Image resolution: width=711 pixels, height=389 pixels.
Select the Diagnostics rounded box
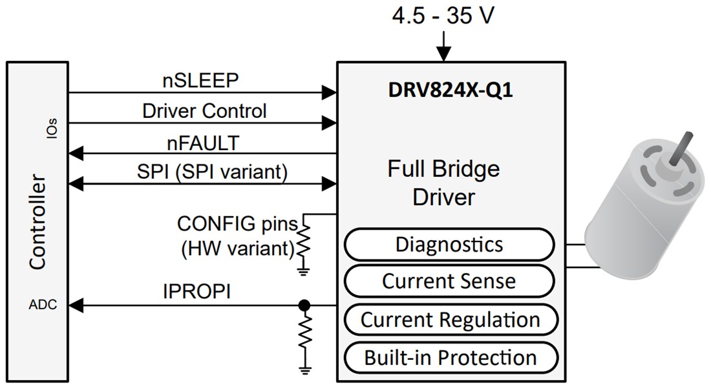click(449, 245)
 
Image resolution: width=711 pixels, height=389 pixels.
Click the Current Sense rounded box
click(449, 281)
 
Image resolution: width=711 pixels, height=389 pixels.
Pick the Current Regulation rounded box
click(450, 319)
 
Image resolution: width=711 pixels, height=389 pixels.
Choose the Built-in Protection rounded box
click(450, 357)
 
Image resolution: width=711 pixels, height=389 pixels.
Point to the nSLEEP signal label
click(200, 80)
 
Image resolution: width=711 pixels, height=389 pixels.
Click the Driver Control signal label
click(204, 111)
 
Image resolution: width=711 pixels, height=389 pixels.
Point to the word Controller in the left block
click(37, 221)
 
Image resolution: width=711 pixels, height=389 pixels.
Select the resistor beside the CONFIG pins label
click(303, 241)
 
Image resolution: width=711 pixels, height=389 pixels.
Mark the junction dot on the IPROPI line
click(303, 305)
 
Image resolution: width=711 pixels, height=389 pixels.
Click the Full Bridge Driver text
click(443, 183)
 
